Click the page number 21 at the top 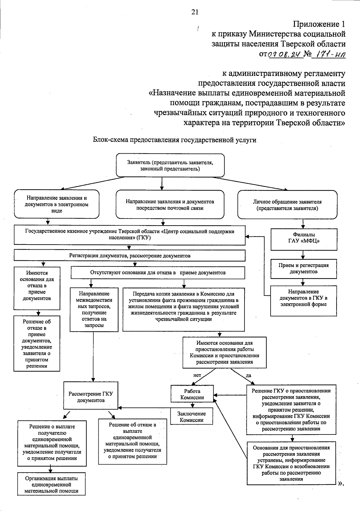click(x=195, y=12)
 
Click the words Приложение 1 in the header click(x=319, y=24)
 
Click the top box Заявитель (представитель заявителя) click(x=170, y=165)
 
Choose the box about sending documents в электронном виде click(x=57, y=204)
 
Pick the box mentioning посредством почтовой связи click(x=170, y=205)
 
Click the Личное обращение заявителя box click(x=287, y=205)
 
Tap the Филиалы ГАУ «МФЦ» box click(x=304, y=239)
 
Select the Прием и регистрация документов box click(x=304, y=268)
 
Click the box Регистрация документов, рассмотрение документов click(x=130, y=256)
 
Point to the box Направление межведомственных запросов click(x=94, y=309)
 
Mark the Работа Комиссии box click(x=192, y=394)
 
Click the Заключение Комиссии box click(x=192, y=416)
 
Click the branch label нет click(x=197, y=375)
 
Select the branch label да click(x=248, y=375)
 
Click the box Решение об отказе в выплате click(x=132, y=440)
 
